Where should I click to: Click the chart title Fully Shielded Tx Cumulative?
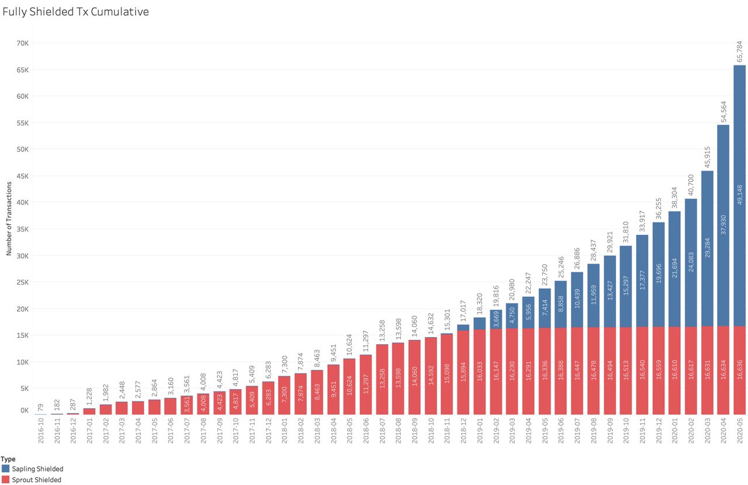click(x=75, y=12)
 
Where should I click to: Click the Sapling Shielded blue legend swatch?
click(x=5, y=469)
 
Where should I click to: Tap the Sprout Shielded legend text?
click(x=36, y=480)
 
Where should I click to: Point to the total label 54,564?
click(x=723, y=112)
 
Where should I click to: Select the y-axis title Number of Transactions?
click(x=9, y=218)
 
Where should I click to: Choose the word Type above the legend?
click(x=8, y=459)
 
